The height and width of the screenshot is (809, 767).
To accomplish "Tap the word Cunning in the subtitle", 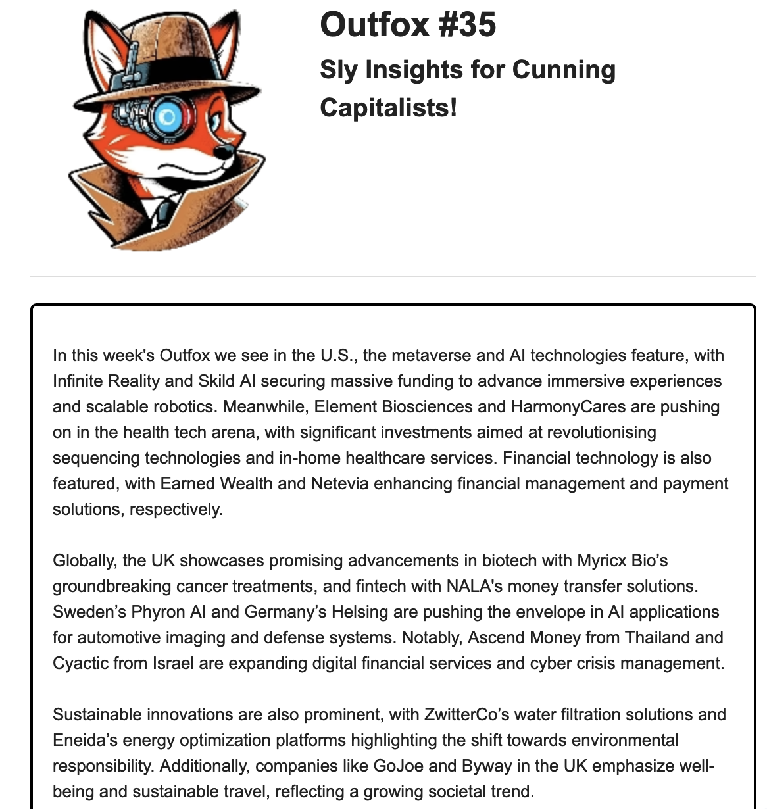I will point(564,70).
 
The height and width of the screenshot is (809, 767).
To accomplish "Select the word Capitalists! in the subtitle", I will point(388,107).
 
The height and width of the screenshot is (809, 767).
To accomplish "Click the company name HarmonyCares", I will point(568,407).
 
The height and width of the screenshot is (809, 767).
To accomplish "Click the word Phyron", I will point(158,612).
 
